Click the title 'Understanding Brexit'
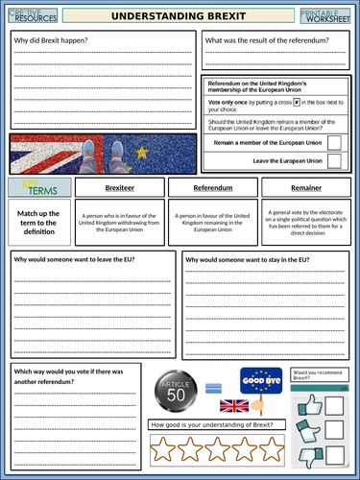point(180,16)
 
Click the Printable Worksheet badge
point(327,15)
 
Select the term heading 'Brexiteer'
point(119,190)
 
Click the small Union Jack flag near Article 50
point(234,405)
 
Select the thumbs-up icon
point(308,405)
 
